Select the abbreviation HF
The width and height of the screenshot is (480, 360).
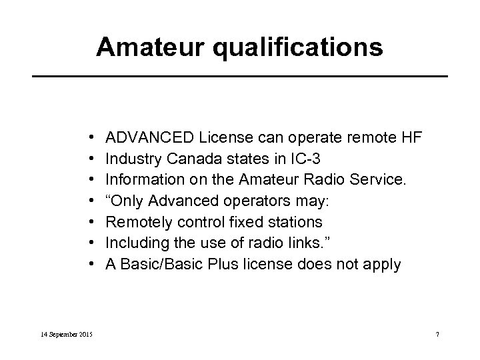409,138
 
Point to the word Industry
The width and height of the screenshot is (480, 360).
133,159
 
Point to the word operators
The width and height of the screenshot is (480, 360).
246,201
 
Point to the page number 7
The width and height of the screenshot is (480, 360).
436,333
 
